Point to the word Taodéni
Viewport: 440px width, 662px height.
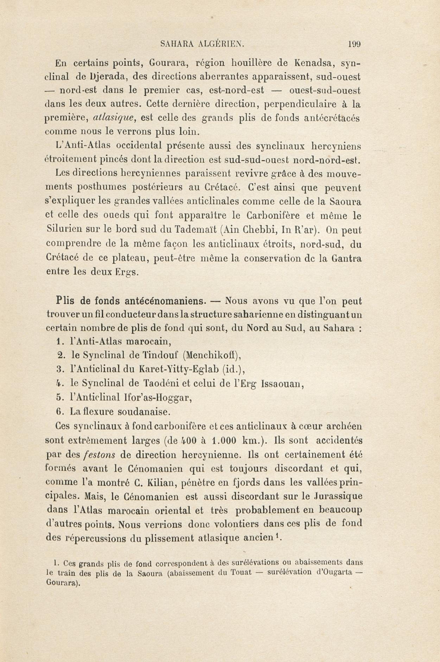pyautogui.click(x=162, y=383)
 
